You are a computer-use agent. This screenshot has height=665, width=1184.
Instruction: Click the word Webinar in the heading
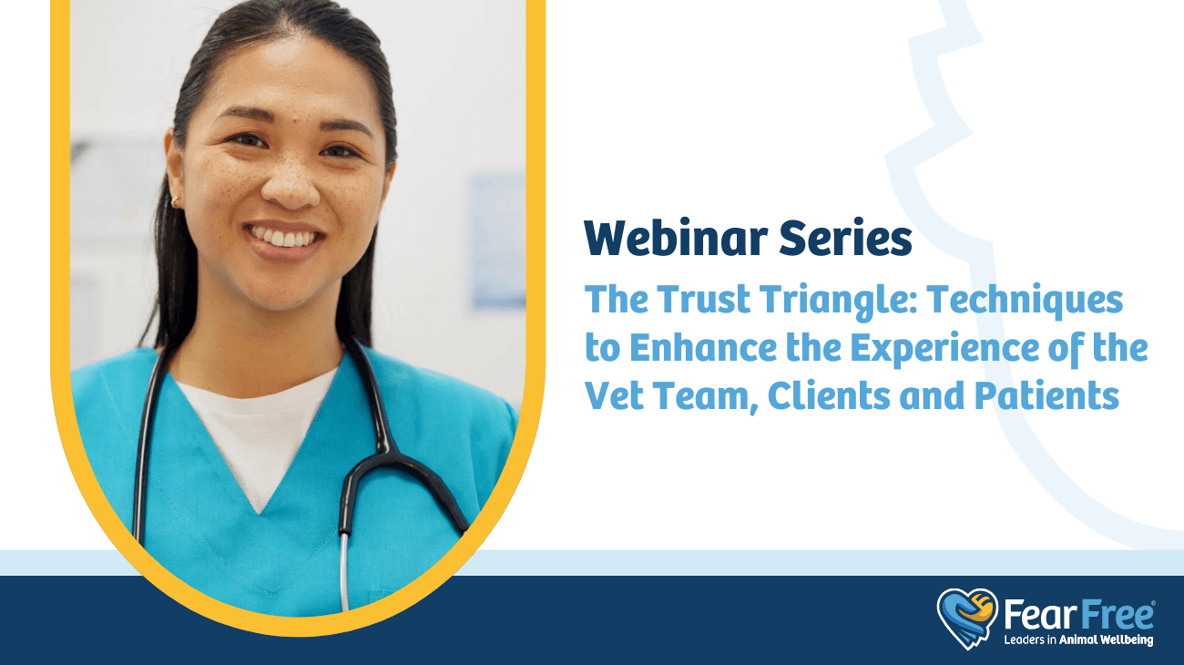[x=676, y=238]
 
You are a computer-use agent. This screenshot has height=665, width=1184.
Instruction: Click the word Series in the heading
[x=846, y=238]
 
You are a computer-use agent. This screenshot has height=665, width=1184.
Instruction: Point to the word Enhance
[x=703, y=348]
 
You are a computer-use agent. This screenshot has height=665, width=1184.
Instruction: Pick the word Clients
[x=828, y=396]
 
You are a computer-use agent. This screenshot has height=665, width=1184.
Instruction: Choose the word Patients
[x=1047, y=396]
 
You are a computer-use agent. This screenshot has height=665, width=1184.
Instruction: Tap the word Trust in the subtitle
[x=703, y=299]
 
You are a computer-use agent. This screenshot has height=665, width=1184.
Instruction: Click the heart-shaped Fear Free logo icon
[x=967, y=619]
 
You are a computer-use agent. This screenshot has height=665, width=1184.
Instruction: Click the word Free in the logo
[x=1117, y=616]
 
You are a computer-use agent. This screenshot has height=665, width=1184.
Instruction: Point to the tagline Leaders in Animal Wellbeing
[x=1078, y=640]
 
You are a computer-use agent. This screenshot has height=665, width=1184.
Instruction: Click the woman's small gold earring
[x=175, y=201]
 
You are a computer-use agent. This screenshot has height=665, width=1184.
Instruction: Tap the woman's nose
[x=291, y=182]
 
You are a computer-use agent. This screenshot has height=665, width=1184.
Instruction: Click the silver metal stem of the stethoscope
[x=344, y=572]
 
